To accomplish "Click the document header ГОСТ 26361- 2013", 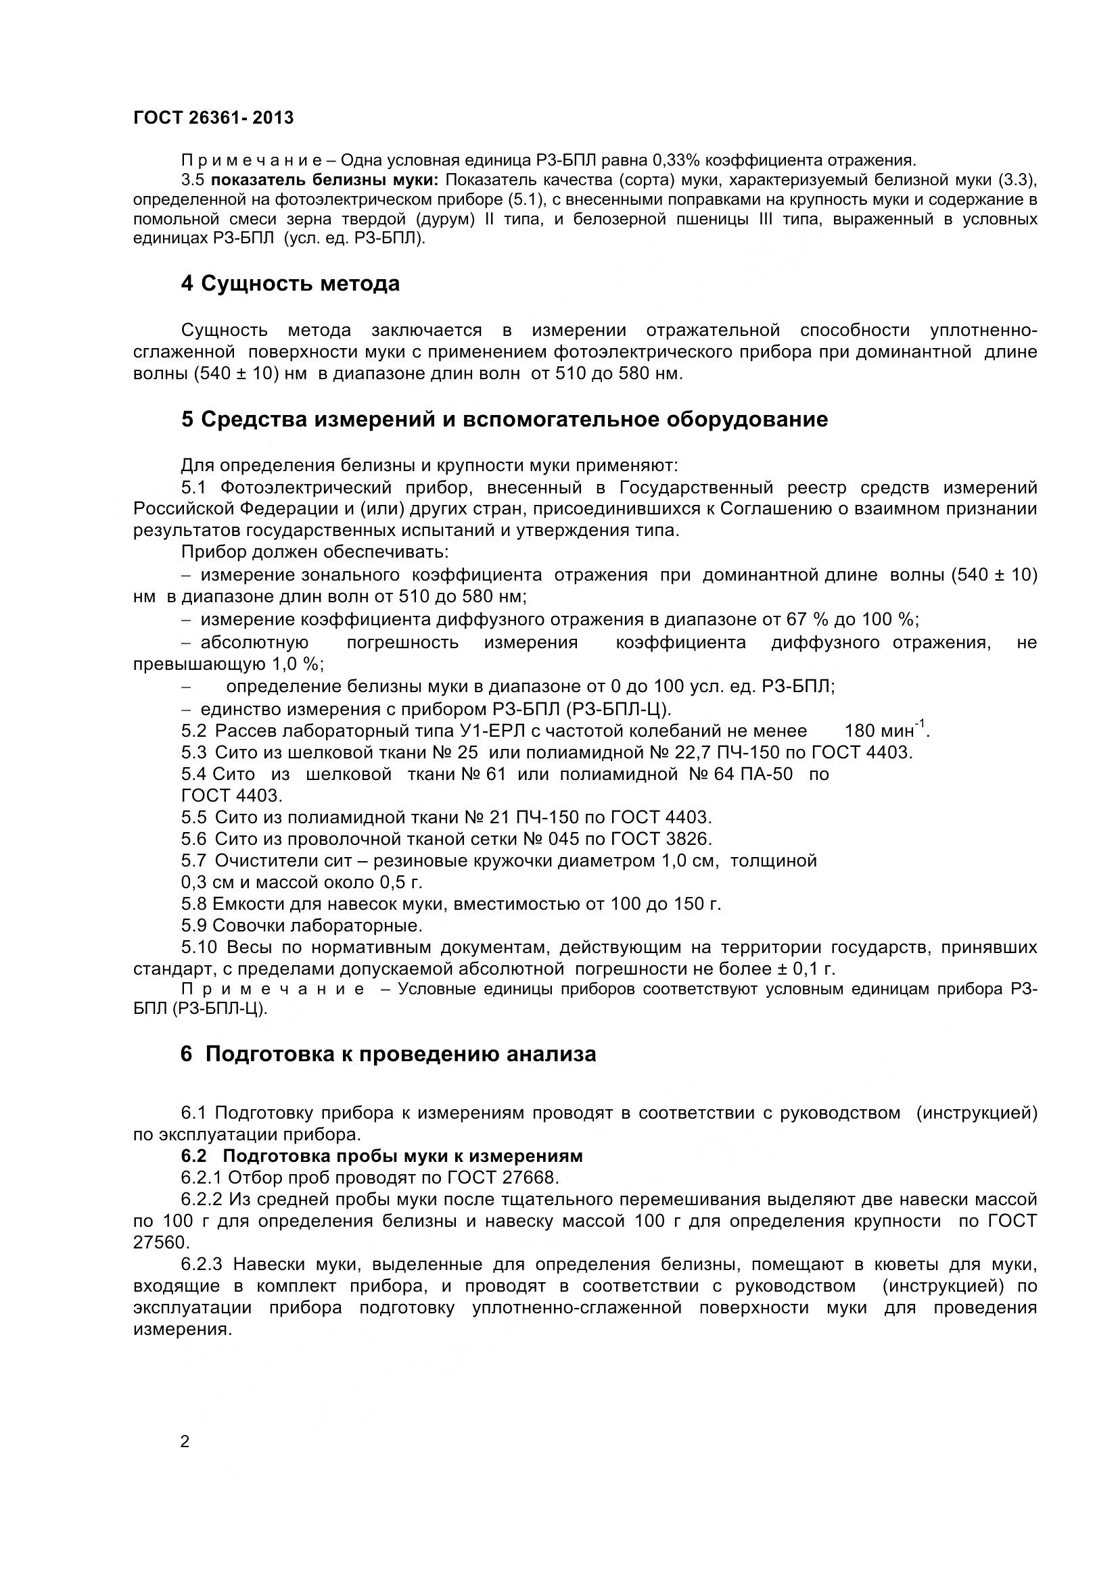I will (213, 118).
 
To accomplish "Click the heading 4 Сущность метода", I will (290, 284).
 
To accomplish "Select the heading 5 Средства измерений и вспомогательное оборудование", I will (505, 419).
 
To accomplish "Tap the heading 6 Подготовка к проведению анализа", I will (388, 1054).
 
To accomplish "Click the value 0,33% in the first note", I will (675, 161).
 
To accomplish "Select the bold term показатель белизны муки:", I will (325, 180).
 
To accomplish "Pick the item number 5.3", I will (193, 752).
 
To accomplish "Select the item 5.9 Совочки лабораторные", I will (302, 925).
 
